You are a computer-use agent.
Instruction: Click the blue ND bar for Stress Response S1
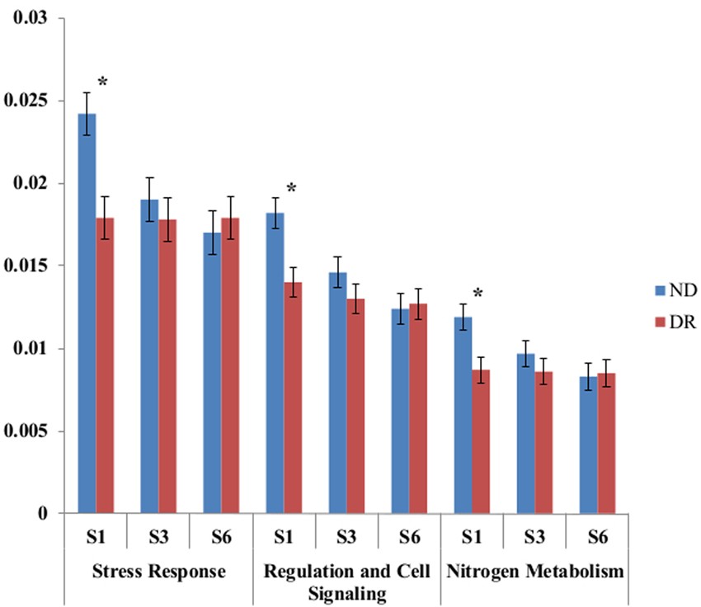(x=87, y=313)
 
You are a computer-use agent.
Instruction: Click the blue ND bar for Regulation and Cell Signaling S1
(x=275, y=363)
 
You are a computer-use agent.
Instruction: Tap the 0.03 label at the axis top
(x=34, y=18)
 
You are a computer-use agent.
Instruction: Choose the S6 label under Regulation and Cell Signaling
(x=409, y=537)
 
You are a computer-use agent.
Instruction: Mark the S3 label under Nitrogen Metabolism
(x=534, y=537)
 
